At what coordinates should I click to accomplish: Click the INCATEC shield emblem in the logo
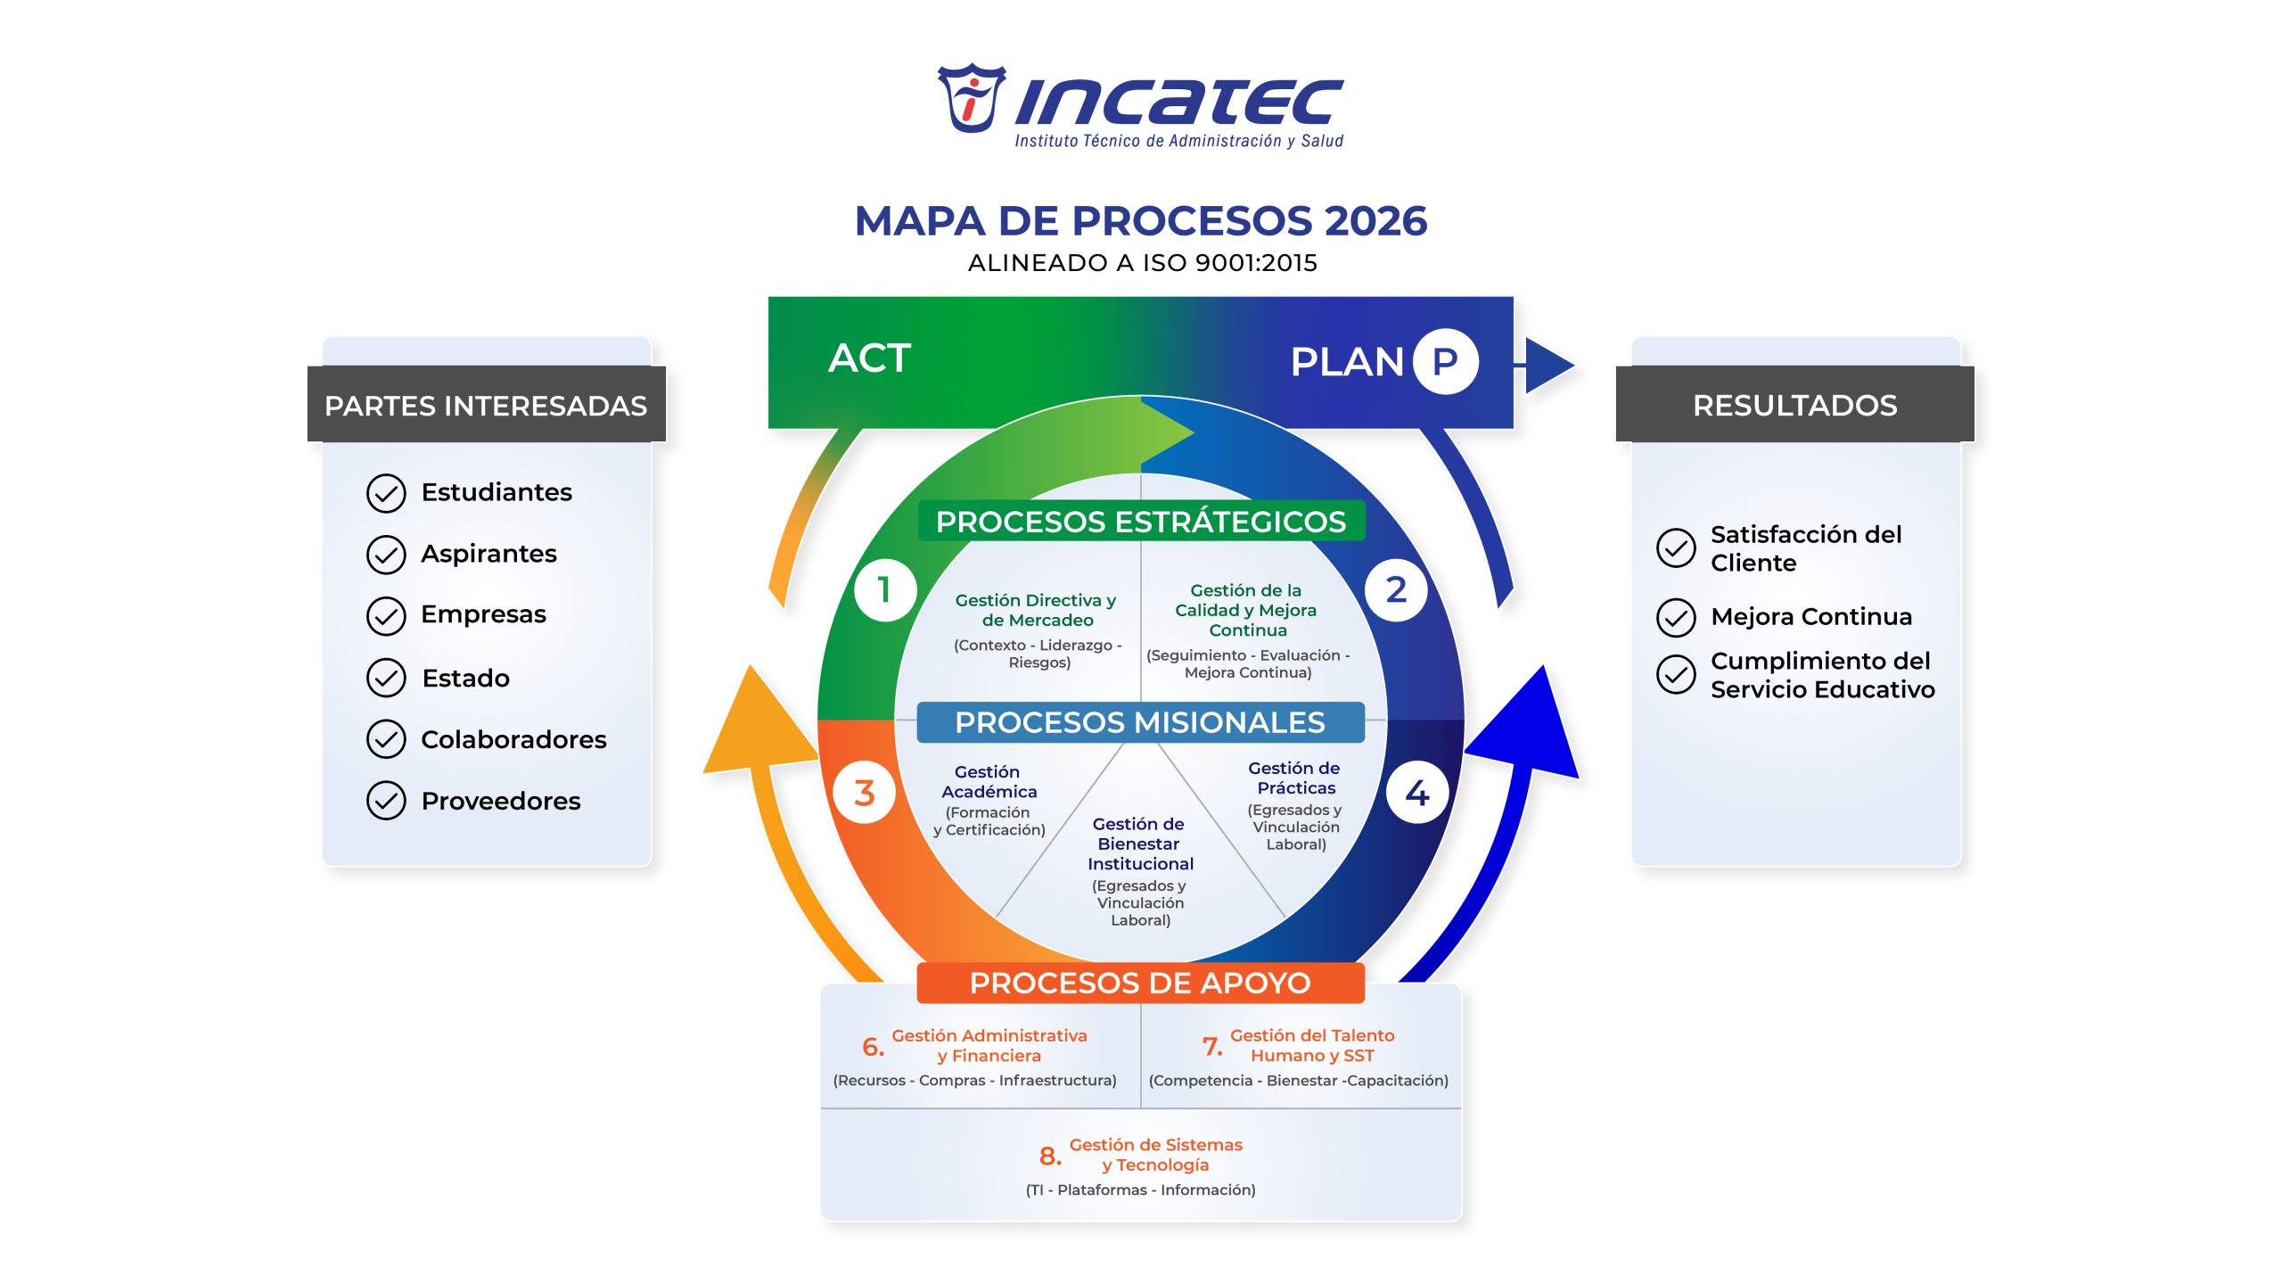[x=971, y=98]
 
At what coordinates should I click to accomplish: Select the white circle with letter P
[x=1445, y=361]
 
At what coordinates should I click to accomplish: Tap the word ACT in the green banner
[x=869, y=358]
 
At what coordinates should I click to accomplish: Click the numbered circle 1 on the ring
[x=884, y=589]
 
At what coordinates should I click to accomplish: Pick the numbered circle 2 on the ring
[x=1396, y=589]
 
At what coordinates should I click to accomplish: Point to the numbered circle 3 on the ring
[x=864, y=793]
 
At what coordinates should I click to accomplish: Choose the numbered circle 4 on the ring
[x=1416, y=793]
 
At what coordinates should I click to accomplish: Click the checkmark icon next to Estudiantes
[x=386, y=493]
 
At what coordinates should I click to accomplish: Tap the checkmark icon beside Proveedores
[x=386, y=801]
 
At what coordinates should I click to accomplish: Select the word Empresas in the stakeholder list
[x=483, y=614]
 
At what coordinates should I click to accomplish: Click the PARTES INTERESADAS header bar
[x=486, y=405]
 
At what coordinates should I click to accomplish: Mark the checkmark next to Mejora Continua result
[x=1676, y=617]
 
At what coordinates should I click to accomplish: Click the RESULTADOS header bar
[x=1794, y=405]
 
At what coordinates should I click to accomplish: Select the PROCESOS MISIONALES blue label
[x=1140, y=722]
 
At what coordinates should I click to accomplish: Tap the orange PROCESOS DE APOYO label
[x=1140, y=983]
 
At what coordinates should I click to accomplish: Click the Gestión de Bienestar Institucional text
[x=1140, y=844]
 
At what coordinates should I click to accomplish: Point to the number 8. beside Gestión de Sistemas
[x=1050, y=1156]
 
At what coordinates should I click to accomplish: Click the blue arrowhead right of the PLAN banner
[x=1548, y=365]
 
